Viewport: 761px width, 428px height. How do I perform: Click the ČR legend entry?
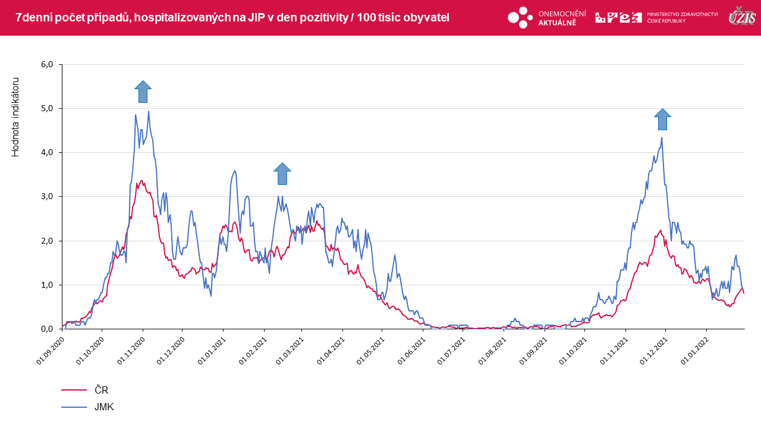(102, 390)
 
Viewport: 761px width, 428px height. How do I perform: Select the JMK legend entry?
(104, 407)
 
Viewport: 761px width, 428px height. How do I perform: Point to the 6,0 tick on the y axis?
(46, 64)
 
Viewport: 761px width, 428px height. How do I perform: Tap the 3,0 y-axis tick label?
(46, 196)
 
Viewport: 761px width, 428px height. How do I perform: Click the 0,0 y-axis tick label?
(46, 329)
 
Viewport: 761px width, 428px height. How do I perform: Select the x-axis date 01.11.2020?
(131, 351)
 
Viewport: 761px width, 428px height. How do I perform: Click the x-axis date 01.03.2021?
(290, 351)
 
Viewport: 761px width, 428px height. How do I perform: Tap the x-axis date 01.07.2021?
(451, 351)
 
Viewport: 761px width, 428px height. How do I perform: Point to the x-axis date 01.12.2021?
(653, 351)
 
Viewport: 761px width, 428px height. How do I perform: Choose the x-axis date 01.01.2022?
(694, 351)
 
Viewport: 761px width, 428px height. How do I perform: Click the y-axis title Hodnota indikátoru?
(16, 117)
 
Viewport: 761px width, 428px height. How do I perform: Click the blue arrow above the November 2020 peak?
(143, 92)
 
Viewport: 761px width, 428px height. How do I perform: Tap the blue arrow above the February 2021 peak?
(282, 174)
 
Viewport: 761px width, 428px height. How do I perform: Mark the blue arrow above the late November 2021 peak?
(662, 119)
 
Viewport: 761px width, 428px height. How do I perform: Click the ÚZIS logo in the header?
(742, 17)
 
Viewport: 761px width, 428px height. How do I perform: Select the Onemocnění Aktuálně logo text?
(562, 18)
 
